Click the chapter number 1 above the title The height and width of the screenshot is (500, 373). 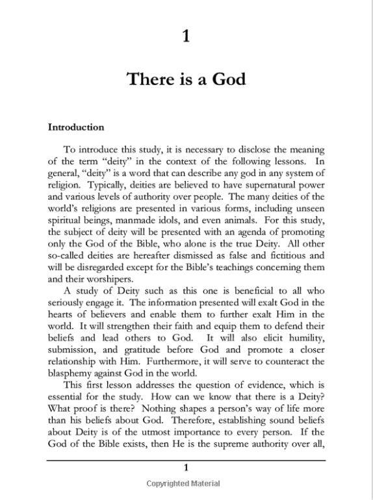(186, 36)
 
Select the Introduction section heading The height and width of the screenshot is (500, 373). (76, 127)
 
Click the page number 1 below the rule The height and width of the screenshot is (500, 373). (186, 468)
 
